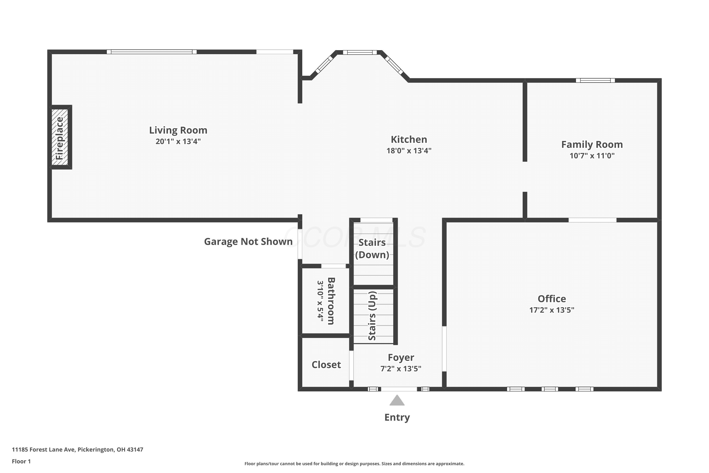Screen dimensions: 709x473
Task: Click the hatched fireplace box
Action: pos(60,137)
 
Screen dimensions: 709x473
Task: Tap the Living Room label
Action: pos(178,130)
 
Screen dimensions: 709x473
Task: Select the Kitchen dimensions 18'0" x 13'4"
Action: pos(409,150)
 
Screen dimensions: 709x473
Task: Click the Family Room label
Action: pos(592,145)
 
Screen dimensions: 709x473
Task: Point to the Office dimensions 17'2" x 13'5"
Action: pos(552,310)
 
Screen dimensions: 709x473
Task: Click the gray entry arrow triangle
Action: pos(397,400)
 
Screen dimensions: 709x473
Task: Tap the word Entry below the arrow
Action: pos(397,417)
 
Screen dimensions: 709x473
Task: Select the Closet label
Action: pos(326,365)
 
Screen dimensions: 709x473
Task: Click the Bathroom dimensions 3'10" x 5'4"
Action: pos(320,301)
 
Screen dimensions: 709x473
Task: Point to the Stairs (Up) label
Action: pos(372,316)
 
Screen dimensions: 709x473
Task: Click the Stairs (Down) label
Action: pos(372,249)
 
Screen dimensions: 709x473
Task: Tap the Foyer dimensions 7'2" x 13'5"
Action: pos(401,369)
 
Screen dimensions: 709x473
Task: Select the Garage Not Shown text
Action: pos(248,242)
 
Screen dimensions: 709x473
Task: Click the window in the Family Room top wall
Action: pos(595,80)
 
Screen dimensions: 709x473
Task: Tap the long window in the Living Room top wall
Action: pos(152,52)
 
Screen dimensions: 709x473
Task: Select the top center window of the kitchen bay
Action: pos(360,52)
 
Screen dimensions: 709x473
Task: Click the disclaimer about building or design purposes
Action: pos(354,464)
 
